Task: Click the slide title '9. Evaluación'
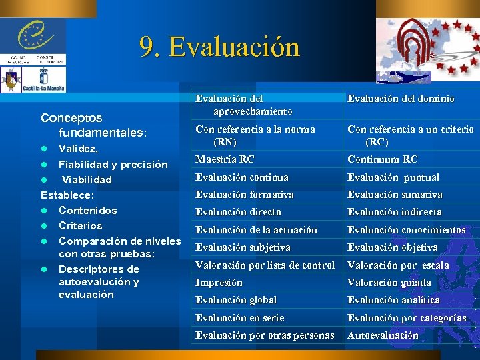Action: pos(220,47)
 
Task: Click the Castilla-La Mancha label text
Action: pos(44,87)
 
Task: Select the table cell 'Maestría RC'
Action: pos(225,159)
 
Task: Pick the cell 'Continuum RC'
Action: pos(383,159)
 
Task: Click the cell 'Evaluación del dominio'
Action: pos(401,99)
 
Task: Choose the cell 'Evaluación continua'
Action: pos(241,177)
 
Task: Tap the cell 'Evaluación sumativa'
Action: pos(395,195)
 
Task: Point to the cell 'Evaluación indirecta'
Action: pos(394,212)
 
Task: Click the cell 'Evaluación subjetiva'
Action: pos(243,247)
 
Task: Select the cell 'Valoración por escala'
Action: pos(398,265)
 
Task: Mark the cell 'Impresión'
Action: pos(219,283)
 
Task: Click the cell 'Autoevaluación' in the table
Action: pos(383,335)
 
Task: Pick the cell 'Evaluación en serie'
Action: pos(239,318)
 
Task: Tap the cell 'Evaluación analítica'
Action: pos(393,300)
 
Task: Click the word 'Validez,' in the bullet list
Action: pos(79,149)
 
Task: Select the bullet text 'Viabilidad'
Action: pos(87,180)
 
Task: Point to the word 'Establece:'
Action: pos(67,195)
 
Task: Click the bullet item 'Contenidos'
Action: pos(88,211)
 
